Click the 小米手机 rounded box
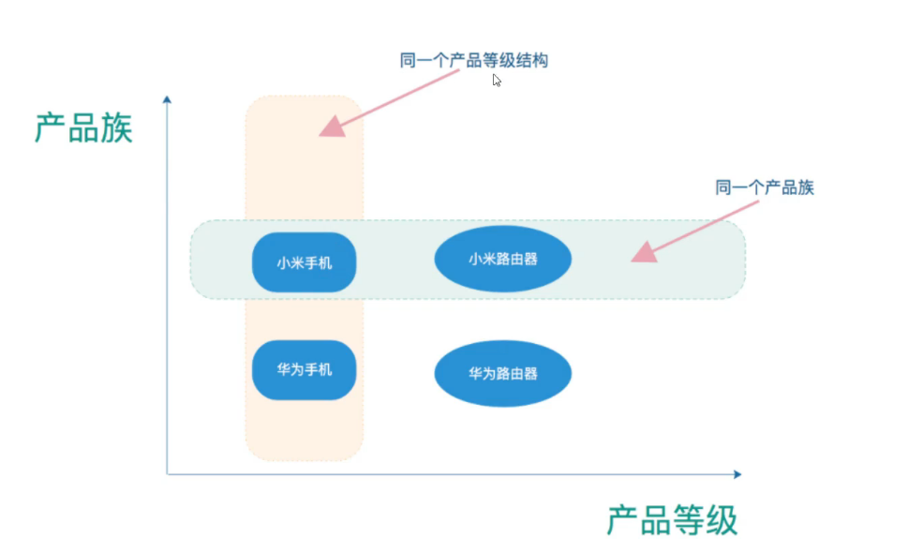[304, 262]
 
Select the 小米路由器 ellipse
[503, 259]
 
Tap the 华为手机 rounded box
[304, 369]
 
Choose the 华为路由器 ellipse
[503, 373]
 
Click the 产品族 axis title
[83, 127]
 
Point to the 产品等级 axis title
[672, 520]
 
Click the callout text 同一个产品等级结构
[473, 61]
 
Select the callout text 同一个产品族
[765, 187]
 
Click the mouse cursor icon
[497, 81]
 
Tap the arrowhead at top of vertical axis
[167, 98]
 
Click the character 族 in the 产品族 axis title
[117, 127]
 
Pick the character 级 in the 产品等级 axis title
[722, 520]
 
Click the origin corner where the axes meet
[168, 474]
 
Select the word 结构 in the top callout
[531, 61]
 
